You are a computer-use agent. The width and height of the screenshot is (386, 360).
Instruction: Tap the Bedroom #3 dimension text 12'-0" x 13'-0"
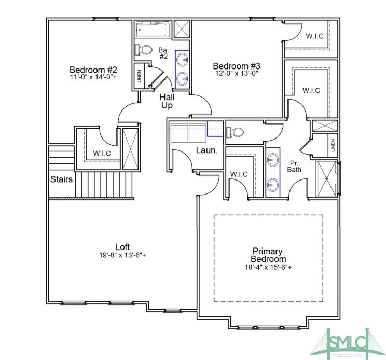click(236, 74)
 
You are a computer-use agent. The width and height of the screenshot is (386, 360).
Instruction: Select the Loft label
click(122, 246)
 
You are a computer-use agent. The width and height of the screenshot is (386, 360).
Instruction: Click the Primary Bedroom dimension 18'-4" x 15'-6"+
click(268, 267)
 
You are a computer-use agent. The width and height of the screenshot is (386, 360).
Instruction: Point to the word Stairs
click(61, 179)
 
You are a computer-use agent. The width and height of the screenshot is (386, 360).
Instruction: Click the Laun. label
click(205, 151)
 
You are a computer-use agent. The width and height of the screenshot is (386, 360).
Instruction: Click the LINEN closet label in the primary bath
click(332, 146)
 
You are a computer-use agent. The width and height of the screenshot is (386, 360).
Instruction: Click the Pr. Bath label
click(295, 166)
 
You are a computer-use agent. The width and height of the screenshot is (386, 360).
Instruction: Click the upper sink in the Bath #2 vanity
click(183, 60)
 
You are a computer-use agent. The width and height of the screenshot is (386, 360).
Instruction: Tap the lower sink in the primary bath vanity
click(272, 184)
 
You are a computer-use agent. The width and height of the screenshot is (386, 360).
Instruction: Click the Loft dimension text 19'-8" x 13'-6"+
click(122, 255)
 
